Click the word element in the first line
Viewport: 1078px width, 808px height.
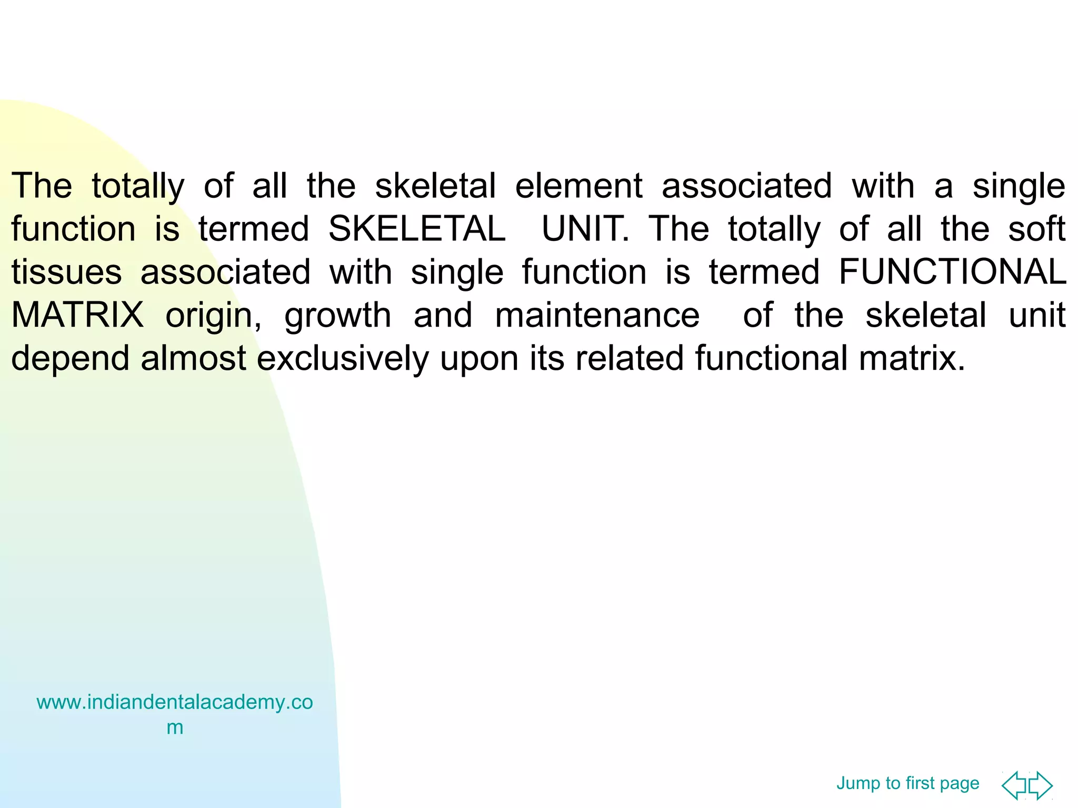coord(578,186)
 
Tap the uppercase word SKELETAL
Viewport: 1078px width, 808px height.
coord(417,229)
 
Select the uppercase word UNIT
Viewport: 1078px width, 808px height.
coord(585,229)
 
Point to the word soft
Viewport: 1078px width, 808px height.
coord(1036,229)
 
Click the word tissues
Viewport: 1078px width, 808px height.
coord(66,272)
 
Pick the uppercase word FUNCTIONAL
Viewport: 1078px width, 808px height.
coord(952,272)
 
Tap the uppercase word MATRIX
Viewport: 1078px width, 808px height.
coord(77,316)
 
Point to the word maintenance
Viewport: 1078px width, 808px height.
coord(597,316)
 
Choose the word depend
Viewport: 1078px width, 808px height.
coord(70,359)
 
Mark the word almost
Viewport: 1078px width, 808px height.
coord(193,359)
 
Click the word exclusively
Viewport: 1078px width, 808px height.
coord(343,359)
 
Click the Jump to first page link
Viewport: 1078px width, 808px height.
coord(907,783)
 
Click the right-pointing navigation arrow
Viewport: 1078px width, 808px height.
coord(1041,785)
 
